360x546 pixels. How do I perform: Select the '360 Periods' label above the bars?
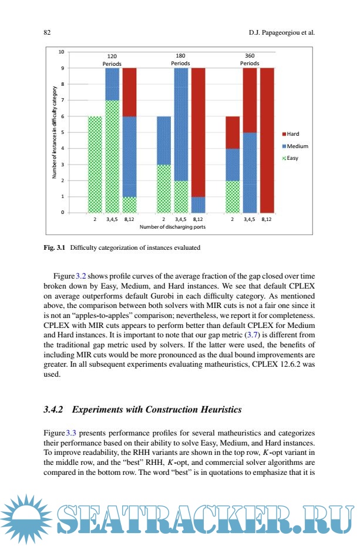coord(250,59)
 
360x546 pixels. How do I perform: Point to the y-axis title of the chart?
coord(53,132)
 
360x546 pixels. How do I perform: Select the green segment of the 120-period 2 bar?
coord(95,164)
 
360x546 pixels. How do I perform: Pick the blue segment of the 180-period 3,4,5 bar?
coord(181,124)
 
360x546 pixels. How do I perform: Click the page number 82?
coord(47,33)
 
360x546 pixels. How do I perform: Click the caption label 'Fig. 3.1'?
coord(55,247)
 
